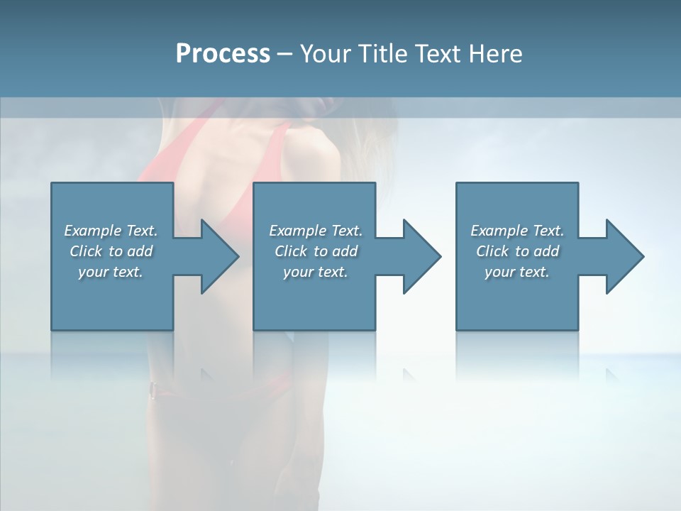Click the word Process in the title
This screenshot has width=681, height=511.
point(223,54)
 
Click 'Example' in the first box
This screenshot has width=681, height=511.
point(92,231)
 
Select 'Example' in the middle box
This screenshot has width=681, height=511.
point(297,231)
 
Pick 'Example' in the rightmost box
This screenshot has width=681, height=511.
point(499,231)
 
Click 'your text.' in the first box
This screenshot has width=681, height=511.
point(111,272)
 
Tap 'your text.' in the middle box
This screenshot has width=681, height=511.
point(315,272)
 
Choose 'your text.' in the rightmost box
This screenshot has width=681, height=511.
point(516,272)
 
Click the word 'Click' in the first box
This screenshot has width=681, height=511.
point(86,251)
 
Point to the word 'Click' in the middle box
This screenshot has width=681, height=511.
point(291,251)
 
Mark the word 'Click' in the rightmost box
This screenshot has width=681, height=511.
point(492,251)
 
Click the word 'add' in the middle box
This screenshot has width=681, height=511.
point(345,251)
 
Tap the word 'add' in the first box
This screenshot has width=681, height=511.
point(140,251)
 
